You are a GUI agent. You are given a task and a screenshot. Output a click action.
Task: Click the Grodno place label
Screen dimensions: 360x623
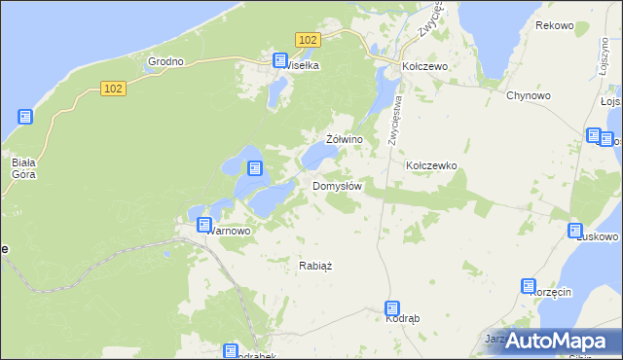[x=165, y=61]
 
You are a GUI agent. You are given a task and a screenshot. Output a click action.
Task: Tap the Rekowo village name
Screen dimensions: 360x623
[x=554, y=25]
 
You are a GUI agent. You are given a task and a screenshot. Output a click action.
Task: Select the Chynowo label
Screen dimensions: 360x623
[x=529, y=95]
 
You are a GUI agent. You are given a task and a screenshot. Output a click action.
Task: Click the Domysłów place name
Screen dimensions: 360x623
[x=338, y=186]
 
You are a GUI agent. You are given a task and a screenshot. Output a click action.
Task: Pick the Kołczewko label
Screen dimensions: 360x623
[x=431, y=166]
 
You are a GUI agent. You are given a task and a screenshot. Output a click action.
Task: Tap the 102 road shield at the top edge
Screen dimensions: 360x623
[x=307, y=39]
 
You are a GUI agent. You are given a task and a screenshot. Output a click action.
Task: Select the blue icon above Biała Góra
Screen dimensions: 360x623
[x=25, y=117]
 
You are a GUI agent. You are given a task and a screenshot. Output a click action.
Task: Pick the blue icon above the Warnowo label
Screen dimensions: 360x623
[x=204, y=225]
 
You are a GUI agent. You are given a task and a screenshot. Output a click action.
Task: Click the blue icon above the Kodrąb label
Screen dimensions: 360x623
[x=392, y=307]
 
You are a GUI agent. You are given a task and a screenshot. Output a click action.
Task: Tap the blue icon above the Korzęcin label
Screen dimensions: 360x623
[x=529, y=286]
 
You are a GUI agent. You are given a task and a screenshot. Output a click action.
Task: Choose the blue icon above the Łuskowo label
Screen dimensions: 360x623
[x=575, y=230]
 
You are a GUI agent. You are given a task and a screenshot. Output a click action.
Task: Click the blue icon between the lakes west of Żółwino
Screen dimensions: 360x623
[x=254, y=168]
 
